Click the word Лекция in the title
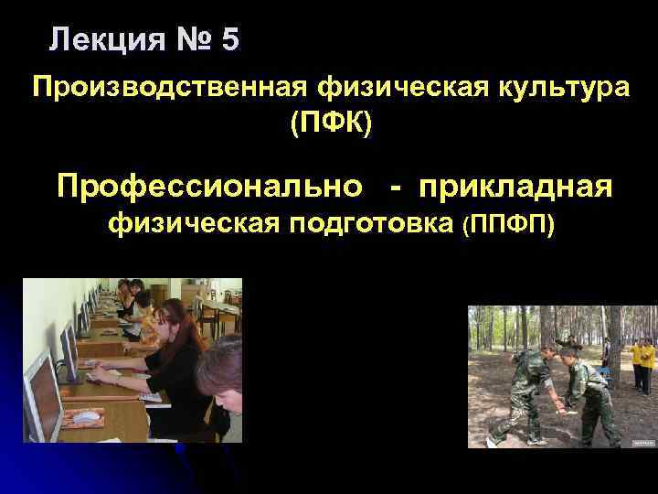pyautogui.click(x=104, y=39)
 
